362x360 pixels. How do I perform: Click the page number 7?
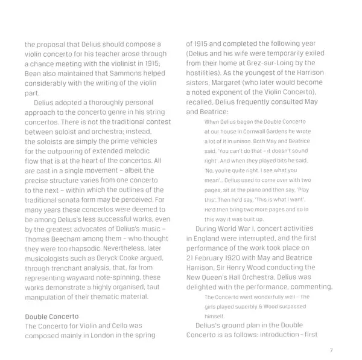click(331, 350)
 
